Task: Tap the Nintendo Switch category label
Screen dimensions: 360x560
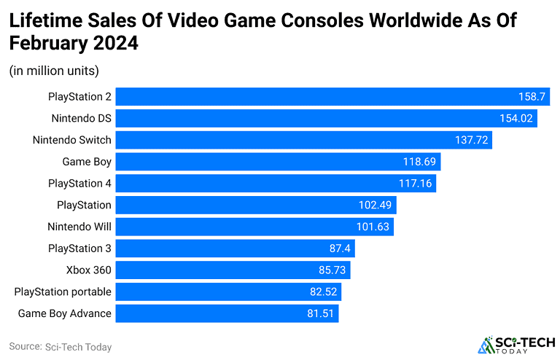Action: (71, 139)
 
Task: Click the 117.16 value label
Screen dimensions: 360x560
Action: (417, 183)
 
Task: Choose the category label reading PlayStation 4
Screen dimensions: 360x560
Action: (79, 183)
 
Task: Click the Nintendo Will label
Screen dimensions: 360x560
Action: (79, 227)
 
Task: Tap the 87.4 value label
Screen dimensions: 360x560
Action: (341, 249)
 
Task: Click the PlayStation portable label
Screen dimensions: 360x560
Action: (63, 291)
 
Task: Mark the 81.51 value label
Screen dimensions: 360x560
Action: (319, 313)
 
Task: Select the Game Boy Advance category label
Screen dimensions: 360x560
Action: (64, 313)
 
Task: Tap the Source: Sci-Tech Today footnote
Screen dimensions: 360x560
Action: (61, 347)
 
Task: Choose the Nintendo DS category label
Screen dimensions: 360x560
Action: (81, 118)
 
